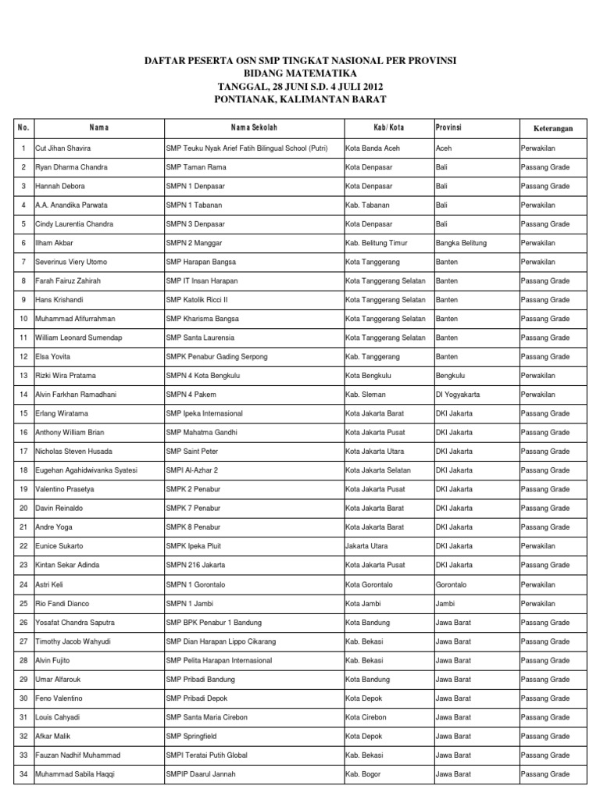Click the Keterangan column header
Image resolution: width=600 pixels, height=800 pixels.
point(553,127)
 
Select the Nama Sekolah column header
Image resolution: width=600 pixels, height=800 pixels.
point(254,127)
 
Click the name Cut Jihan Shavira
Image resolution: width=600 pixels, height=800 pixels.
point(62,148)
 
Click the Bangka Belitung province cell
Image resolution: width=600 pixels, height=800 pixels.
point(461,243)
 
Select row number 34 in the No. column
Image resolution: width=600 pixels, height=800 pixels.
point(23,774)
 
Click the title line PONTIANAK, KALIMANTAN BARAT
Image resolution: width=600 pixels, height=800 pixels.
point(300,99)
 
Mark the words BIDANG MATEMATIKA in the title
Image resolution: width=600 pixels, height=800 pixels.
point(300,73)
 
